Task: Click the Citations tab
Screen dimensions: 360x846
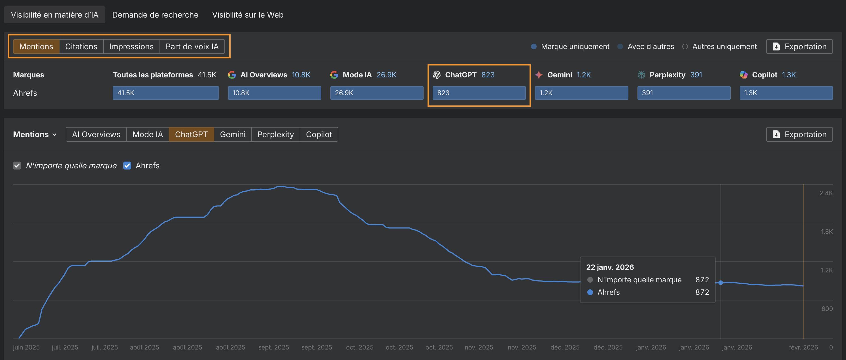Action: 81,46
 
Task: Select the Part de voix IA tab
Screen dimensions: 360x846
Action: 192,46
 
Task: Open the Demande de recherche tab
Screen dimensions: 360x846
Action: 155,15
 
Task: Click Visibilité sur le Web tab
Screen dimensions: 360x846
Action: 248,15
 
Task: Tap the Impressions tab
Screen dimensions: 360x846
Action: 131,46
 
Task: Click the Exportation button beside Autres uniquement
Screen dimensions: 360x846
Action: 799,46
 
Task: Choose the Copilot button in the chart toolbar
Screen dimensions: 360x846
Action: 318,134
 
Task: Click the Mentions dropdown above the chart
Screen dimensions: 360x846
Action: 35,134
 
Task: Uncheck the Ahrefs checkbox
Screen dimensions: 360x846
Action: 127,166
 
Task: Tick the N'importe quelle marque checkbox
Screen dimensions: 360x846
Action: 17,166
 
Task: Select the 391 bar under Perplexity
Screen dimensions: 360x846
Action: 683,93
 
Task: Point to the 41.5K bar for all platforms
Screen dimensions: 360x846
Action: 165,93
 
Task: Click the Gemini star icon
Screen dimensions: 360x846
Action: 539,75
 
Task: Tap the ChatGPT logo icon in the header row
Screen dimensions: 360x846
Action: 437,75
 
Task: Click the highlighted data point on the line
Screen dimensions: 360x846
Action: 720,283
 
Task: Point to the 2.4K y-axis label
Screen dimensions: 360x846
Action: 826,193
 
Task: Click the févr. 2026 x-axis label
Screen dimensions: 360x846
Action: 803,347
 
